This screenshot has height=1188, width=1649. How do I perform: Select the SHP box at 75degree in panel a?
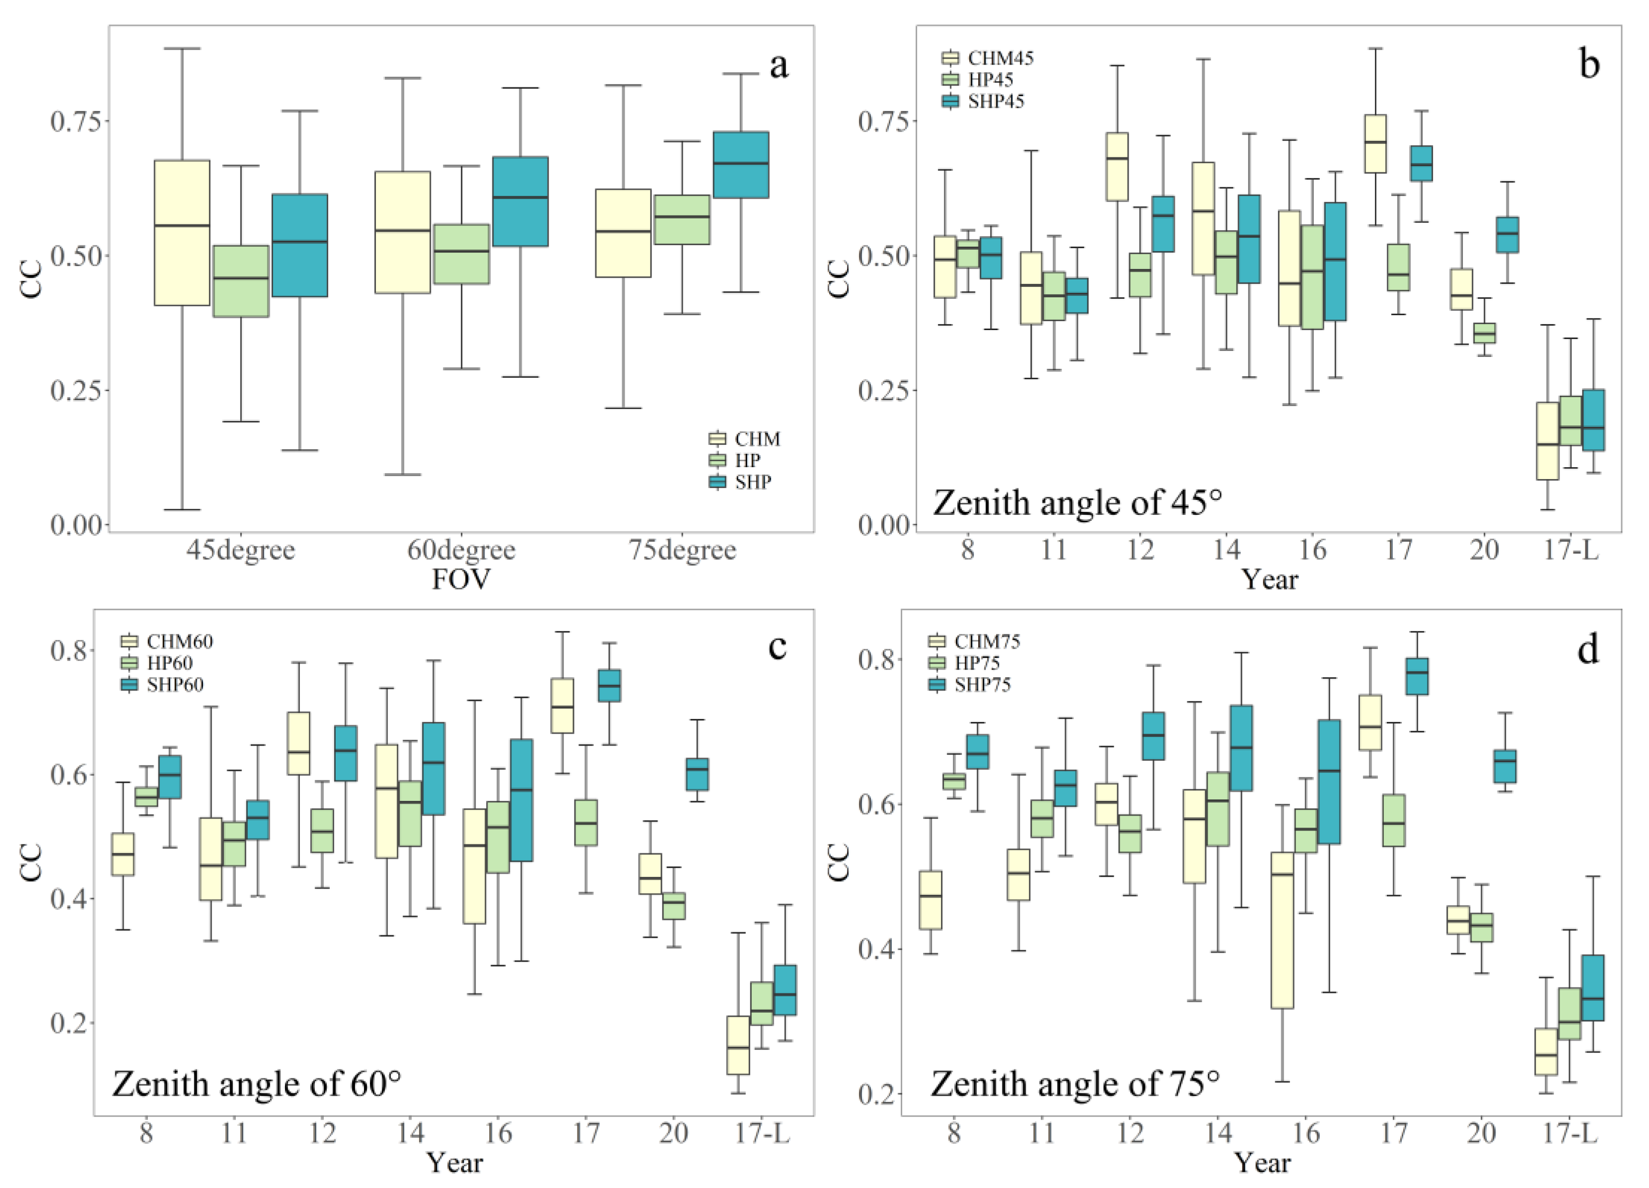[740, 165]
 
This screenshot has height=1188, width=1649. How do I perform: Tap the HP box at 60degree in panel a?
[461, 254]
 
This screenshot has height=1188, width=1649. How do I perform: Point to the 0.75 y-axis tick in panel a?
[75, 121]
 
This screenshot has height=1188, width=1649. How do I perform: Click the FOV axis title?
[461, 579]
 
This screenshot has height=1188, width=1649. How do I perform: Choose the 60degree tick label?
[461, 551]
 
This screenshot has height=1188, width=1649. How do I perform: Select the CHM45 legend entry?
[988, 58]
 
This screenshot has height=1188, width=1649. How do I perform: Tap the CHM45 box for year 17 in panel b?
[1375, 144]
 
